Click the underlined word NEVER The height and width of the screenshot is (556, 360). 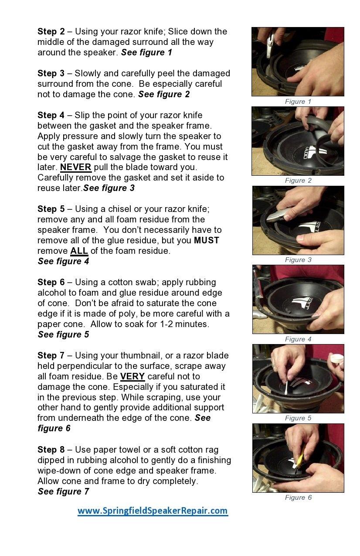(x=75, y=167)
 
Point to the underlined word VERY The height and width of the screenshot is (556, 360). (x=132, y=376)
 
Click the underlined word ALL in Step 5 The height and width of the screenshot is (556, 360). (x=79, y=251)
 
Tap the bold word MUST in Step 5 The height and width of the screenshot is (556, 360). (x=206, y=240)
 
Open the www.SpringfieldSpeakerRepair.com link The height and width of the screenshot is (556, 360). (x=153, y=510)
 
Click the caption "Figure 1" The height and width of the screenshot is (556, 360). (x=298, y=102)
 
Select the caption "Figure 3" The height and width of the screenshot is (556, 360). (x=298, y=260)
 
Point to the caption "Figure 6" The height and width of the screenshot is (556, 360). (x=298, y=498)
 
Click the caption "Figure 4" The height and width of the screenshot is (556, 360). (x=298, y=339)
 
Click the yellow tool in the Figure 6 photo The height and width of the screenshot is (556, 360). (x=299, y=460)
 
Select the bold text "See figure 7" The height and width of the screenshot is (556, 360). (x=63, y=491)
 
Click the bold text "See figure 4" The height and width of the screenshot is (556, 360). (x=63, y=261)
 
